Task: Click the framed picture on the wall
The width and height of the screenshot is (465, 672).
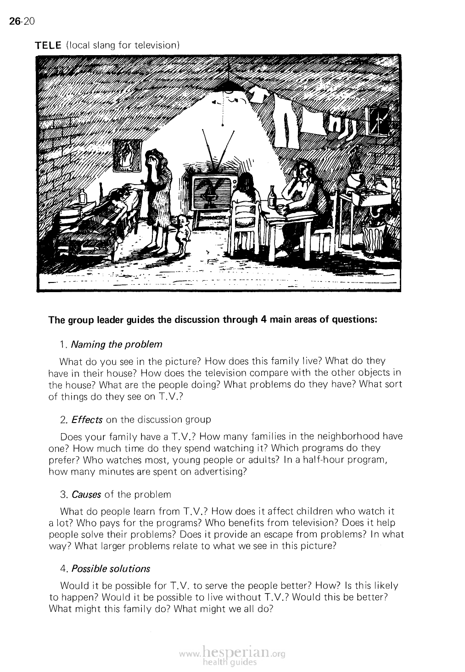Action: pyautogui.click(x=126, y=155)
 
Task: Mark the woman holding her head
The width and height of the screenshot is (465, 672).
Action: pyautogui.click(x=158, y=193)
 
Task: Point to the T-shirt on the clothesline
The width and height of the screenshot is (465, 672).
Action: pyautogui.click(x=259, y=96)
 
